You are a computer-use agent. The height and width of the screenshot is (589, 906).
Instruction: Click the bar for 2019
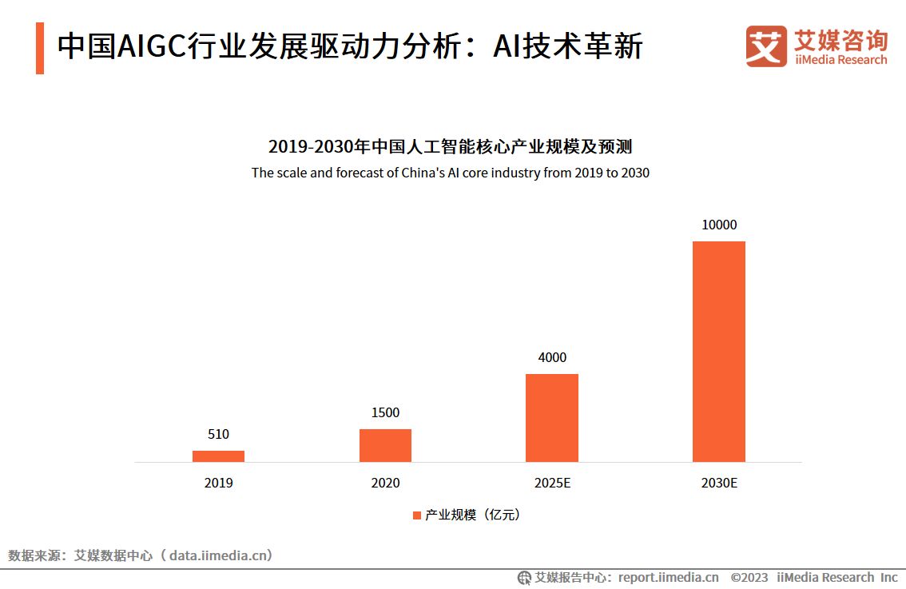[x=218, y=456]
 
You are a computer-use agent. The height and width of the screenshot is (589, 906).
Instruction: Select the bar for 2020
[x=385, y=445]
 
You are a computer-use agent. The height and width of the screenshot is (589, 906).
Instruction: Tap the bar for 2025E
[x=551, y=417]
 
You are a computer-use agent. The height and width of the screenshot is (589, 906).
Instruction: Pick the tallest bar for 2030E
[x=718, y=351]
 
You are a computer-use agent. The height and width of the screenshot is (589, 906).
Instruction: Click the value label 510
[x=218, y=435]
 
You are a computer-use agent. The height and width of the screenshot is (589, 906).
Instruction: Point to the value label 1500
[x=385, y=413]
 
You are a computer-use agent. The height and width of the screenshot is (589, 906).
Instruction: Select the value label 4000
[x=552, y=357]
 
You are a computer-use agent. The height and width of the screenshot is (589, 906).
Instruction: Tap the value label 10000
[x=718, y=225]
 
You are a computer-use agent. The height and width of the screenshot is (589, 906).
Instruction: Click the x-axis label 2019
[x=218, y=484]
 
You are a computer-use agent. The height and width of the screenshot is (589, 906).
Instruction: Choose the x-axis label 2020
[x=385, y=484]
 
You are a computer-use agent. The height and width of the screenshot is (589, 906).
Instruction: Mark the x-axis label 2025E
[x=552, y=484]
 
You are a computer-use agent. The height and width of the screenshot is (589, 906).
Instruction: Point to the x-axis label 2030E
[x=719, y=484]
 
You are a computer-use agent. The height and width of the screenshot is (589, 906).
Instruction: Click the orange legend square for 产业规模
[x=416, y=515]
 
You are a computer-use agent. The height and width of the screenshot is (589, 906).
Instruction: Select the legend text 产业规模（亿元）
[x=472, y=515]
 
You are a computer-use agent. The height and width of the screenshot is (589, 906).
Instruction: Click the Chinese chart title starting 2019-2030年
[x=450, y=147]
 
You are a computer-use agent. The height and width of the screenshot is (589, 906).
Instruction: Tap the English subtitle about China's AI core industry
[x=450, y=173]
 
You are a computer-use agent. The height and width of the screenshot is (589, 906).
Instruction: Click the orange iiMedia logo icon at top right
[x=766, y=46]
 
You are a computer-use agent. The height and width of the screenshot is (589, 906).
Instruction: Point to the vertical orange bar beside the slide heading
[x=40, y=48]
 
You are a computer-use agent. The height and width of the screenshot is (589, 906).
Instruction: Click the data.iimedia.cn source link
[x=221, y=555]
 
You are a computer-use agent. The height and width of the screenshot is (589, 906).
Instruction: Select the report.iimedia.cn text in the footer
[x=668, y=578]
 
